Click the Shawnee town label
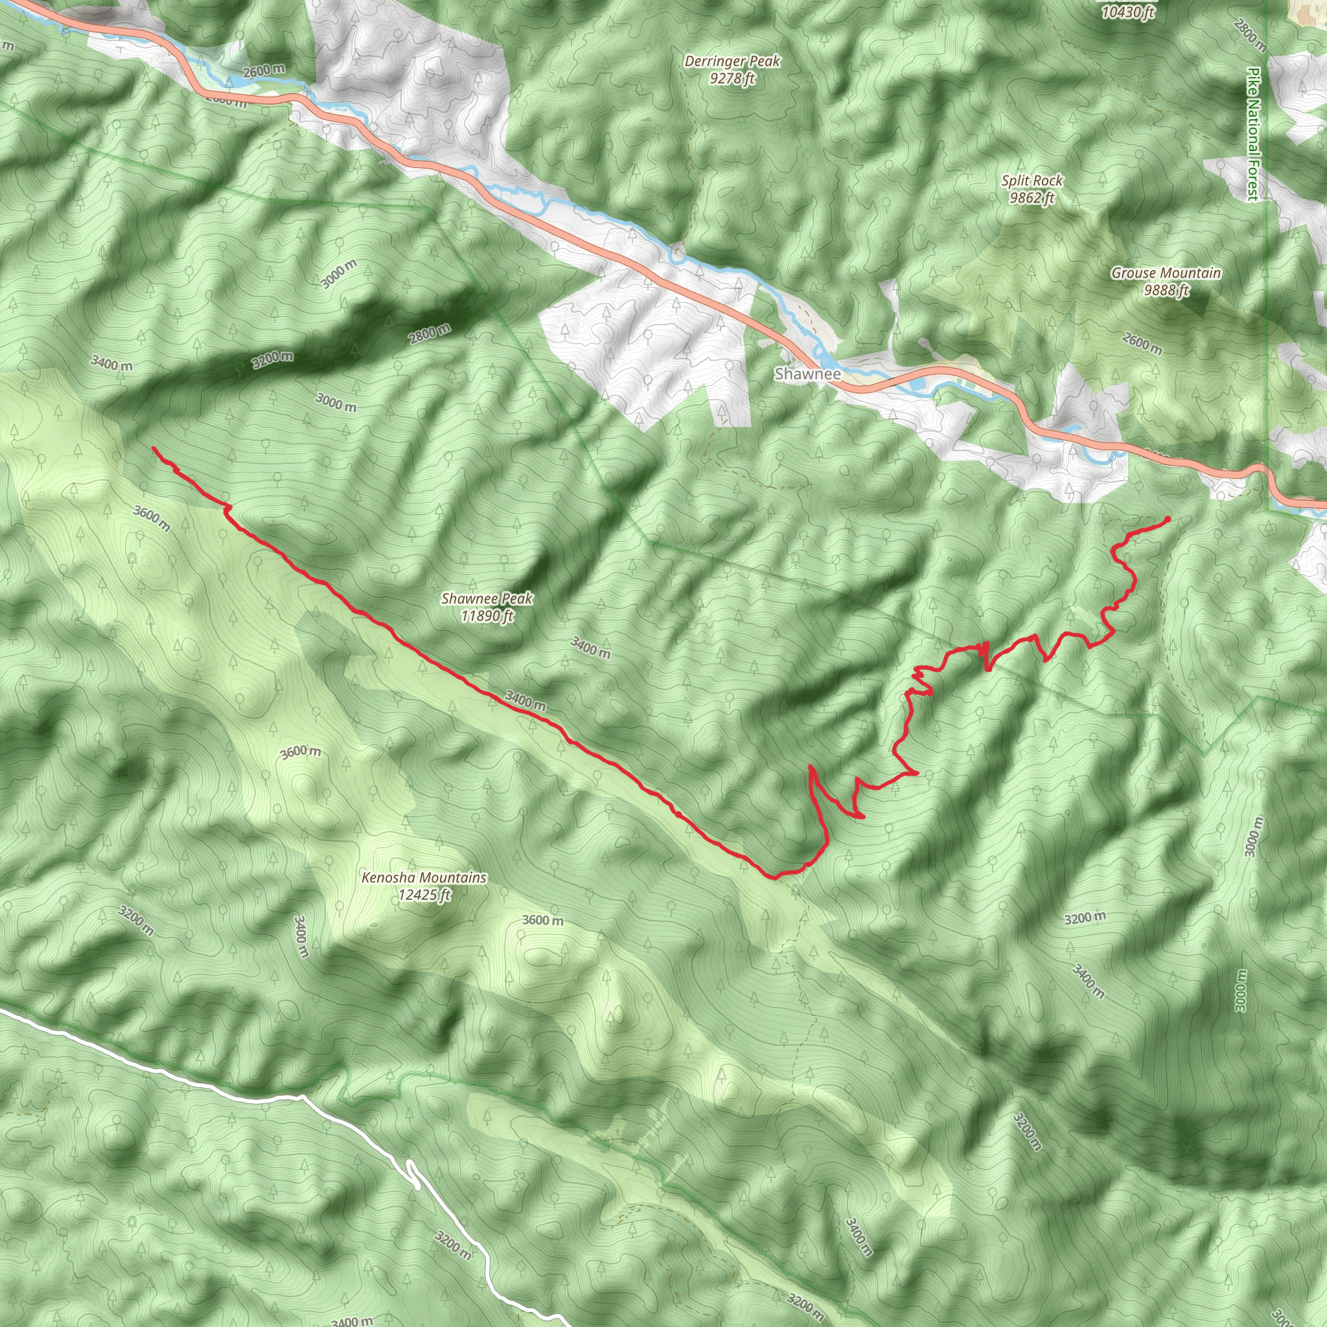pos(807,375)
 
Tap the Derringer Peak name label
pos(732,61)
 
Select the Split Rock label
pos(1032,181)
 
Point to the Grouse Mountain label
pos(1166,273)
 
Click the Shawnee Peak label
pos(487,598)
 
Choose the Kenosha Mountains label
pos(424,878)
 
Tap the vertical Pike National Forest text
pos(1254,134)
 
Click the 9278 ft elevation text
pos(732,78)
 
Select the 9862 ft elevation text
pos(1032,198)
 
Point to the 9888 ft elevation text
pos(1166,290)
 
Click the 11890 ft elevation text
pos(487,616)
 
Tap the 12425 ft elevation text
pos(424,895)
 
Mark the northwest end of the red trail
pos(153,448)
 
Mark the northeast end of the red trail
pos(1168,518)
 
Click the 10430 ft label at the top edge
pos(1128,12)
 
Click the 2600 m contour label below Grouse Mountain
pos(1142,343)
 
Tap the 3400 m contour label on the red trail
pos(525,700)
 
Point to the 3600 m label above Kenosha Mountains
pos(300,752)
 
